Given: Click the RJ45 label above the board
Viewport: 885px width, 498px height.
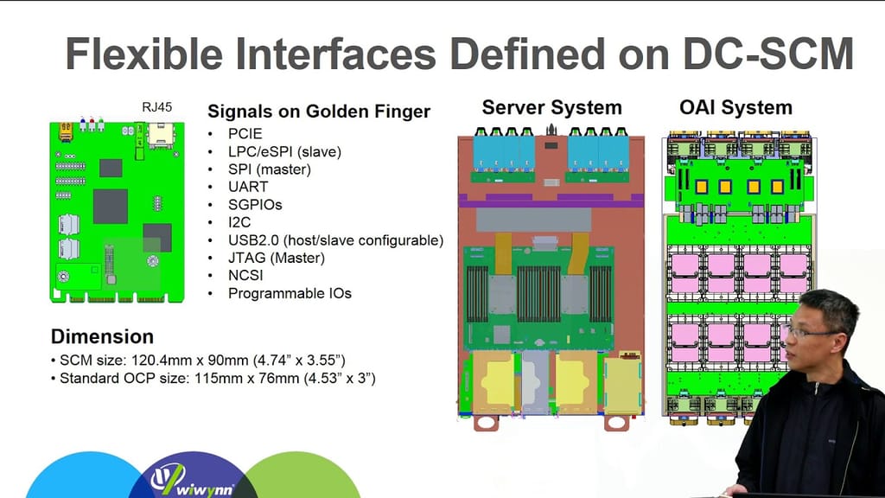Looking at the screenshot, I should click(x=156, y=107).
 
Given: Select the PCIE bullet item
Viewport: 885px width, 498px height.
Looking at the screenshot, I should click(x=245, y=134).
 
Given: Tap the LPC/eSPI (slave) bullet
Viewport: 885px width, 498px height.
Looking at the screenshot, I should click(x=284, y=151).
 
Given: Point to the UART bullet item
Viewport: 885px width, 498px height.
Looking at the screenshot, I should click(x=248, y=187).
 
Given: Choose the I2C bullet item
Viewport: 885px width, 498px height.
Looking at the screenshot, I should click(x=240, y=222).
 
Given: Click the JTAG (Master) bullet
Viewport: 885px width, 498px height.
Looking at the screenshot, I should click(x=277, y=258).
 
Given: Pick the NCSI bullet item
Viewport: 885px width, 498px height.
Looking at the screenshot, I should click(x=245, y=276).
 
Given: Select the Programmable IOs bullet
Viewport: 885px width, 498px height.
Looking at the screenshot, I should click(x=290, y=293).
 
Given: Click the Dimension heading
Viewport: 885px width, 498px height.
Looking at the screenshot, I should click(x=102, y=336).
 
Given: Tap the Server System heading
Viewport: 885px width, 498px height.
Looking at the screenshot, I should click(x=551, y=108).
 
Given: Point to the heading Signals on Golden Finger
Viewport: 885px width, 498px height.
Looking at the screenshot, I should click(x=319, y=112).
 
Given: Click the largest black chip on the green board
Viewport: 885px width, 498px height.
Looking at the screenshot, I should click(x=110, y=206).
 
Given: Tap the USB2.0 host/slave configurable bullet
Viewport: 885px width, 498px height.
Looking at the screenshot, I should click(x=335, y=240).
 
